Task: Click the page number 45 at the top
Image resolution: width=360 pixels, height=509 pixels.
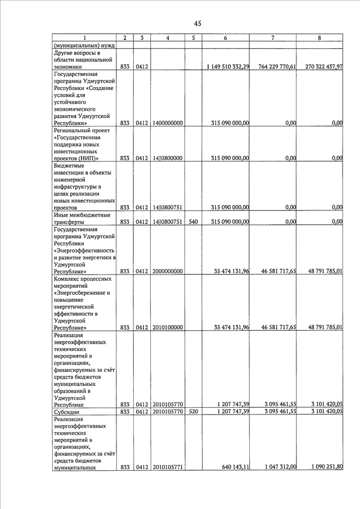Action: point(197,23)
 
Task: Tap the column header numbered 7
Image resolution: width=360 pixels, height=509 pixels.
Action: point(272,38)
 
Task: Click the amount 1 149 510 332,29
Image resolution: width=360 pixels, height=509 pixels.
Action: point(228,66)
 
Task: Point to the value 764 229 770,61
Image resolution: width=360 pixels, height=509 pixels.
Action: point(273,66)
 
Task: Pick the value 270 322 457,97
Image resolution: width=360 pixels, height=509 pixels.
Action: point(321,66)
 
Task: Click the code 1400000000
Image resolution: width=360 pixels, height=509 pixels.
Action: point(168,123)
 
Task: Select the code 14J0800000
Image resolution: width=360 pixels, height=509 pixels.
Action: point(168,159)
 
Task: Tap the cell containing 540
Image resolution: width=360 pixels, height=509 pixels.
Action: point(193,222)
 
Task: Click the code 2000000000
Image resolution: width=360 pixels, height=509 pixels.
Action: point(168,271)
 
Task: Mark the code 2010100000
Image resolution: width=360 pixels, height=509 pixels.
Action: point(168,327)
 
